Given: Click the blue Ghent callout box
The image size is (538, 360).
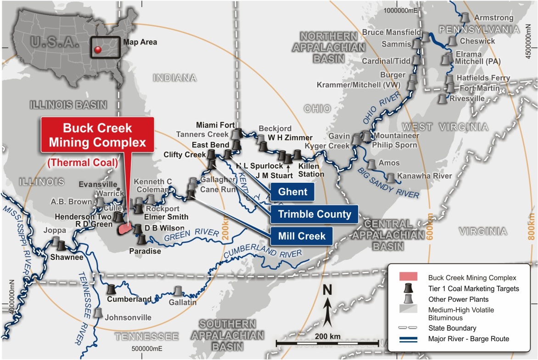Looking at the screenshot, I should click(x=292, y=191).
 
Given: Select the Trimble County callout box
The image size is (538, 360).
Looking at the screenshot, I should click(x=314, y=214).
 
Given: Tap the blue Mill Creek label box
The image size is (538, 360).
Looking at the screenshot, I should click(x=302, y=236).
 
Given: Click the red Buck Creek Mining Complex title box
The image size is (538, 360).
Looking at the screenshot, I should click(x=97, y=135).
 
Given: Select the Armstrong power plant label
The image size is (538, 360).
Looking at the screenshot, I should click(x=493, y=17).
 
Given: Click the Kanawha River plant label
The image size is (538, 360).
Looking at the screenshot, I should click(x=425, y=176).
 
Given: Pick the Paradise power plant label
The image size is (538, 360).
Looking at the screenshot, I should click(x=145, y=251).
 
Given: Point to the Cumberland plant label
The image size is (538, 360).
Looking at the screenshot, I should click(x=129, y=299).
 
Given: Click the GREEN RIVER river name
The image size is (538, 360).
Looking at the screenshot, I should click(x=191, y=235).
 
